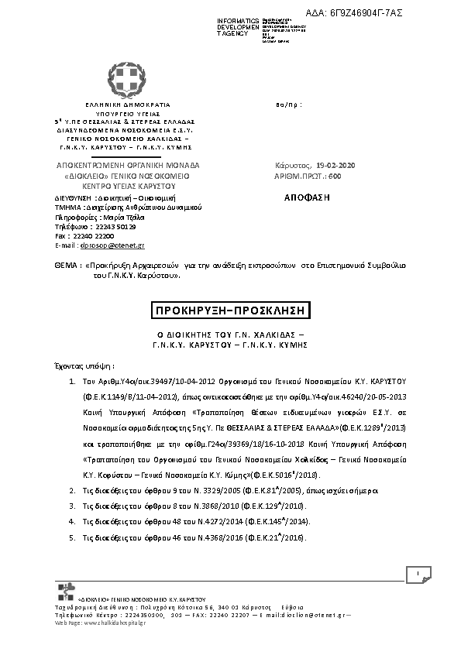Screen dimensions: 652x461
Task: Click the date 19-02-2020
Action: pos(335,166)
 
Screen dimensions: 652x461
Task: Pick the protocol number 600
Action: pos(335,176)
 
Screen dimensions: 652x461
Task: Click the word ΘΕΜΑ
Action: pos(65,265)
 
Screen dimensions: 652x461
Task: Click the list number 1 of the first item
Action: pos(71,383)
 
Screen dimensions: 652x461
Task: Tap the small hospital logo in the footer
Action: pos(67,592)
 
